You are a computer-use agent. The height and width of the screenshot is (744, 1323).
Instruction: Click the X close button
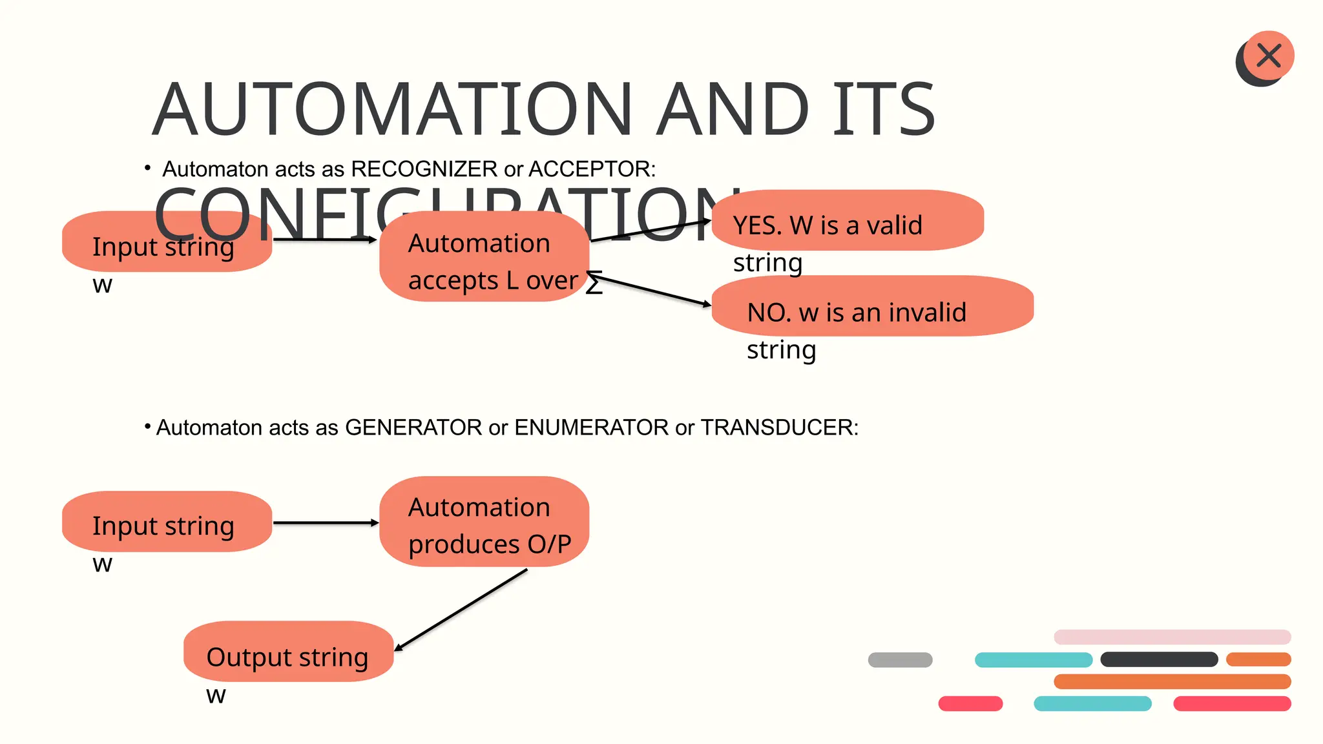1269,56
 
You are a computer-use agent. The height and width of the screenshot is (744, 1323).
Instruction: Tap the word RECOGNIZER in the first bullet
424,169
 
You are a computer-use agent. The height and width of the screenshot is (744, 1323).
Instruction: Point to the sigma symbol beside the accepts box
594,284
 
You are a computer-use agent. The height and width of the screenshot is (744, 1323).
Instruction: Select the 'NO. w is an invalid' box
872,306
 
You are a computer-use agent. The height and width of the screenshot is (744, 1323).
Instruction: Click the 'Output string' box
288,651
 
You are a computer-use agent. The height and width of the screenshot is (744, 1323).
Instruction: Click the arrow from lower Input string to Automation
325,522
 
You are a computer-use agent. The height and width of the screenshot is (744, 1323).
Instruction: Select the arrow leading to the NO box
649,289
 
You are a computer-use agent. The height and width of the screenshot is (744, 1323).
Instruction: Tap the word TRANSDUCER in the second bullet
778,428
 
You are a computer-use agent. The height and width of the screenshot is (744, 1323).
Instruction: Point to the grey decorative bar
900,659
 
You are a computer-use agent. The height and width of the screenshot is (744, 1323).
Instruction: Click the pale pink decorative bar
1172,637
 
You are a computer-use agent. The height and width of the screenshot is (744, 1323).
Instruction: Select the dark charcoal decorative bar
1159,659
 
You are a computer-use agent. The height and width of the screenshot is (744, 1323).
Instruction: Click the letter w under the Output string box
216,696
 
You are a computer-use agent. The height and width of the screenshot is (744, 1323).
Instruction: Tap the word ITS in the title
882,110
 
